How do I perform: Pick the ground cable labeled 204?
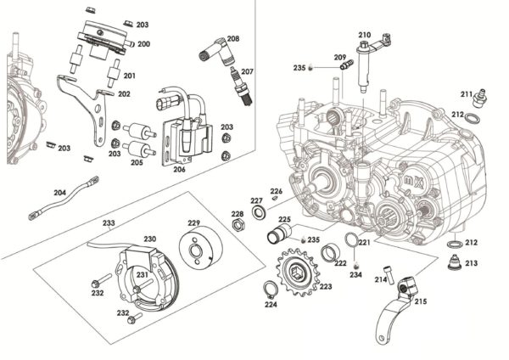point(63,196)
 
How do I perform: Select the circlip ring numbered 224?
point(269,290)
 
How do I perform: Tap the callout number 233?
point(109,223)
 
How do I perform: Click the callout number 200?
point(143,43)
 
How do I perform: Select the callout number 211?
point(467,93)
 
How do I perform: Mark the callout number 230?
point(149,239)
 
